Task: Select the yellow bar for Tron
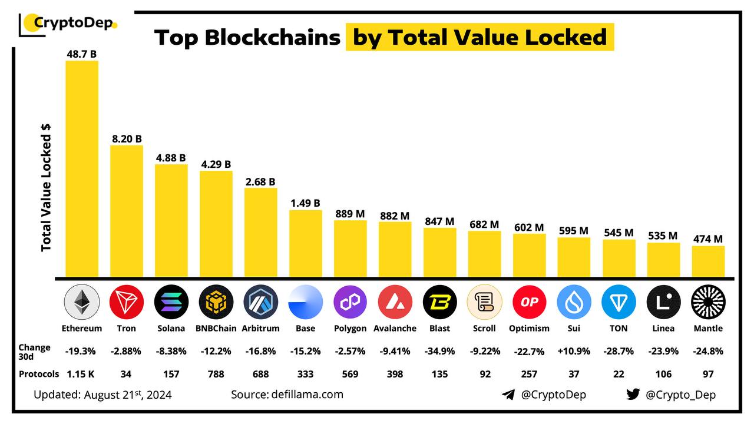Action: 127,211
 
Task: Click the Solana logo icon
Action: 171,302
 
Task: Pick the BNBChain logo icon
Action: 216,302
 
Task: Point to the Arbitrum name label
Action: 260,328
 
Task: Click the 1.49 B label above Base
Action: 305,203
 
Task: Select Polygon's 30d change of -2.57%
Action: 350,351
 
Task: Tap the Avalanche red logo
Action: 395,302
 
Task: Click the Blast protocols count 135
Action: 439,374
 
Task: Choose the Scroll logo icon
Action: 484,302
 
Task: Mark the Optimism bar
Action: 529,256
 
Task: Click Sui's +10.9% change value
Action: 574,351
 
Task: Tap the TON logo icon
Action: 619,302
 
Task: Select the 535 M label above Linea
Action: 663,236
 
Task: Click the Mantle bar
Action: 708,261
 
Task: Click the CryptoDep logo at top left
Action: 68,24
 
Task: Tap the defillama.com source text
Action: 287,394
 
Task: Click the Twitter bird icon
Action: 633,394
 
